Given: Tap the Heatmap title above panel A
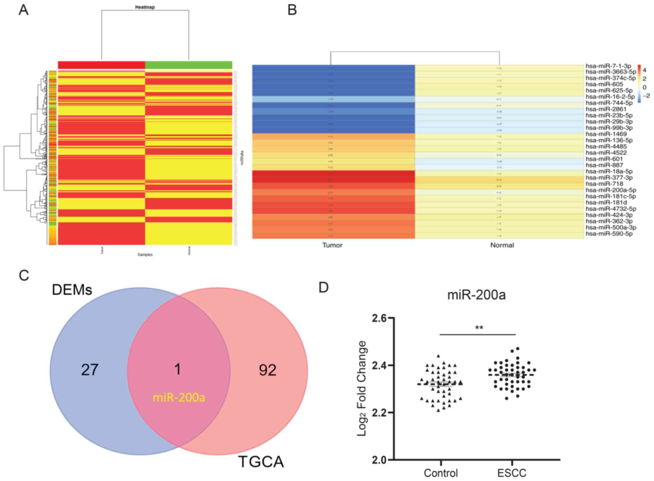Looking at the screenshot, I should (145, 7).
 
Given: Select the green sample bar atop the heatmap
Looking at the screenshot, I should (189, 65).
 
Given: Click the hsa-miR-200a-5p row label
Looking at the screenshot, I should (611, 190).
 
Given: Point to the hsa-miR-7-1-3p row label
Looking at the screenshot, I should (608, 66).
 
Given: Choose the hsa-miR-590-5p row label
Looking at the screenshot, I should (609, 234).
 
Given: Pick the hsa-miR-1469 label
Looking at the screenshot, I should (606, 134).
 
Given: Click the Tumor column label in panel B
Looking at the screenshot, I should (332, 245).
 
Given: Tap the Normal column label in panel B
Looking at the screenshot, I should (502, 245).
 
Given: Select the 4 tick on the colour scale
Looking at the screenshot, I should (644, 70).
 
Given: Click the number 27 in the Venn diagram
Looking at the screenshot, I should (90, 370).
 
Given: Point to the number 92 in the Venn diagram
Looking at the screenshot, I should (267, 370).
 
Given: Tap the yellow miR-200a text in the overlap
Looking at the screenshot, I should (179, 398).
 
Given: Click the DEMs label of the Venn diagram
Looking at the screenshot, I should (72, 290).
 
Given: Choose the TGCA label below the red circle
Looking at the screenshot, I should (261, 462).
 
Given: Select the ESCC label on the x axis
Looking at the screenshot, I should (512, 473).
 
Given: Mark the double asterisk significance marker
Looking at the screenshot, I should (479, 328).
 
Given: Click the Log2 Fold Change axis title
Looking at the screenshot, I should (362, 388).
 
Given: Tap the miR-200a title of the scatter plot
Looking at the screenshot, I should (476, 295).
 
